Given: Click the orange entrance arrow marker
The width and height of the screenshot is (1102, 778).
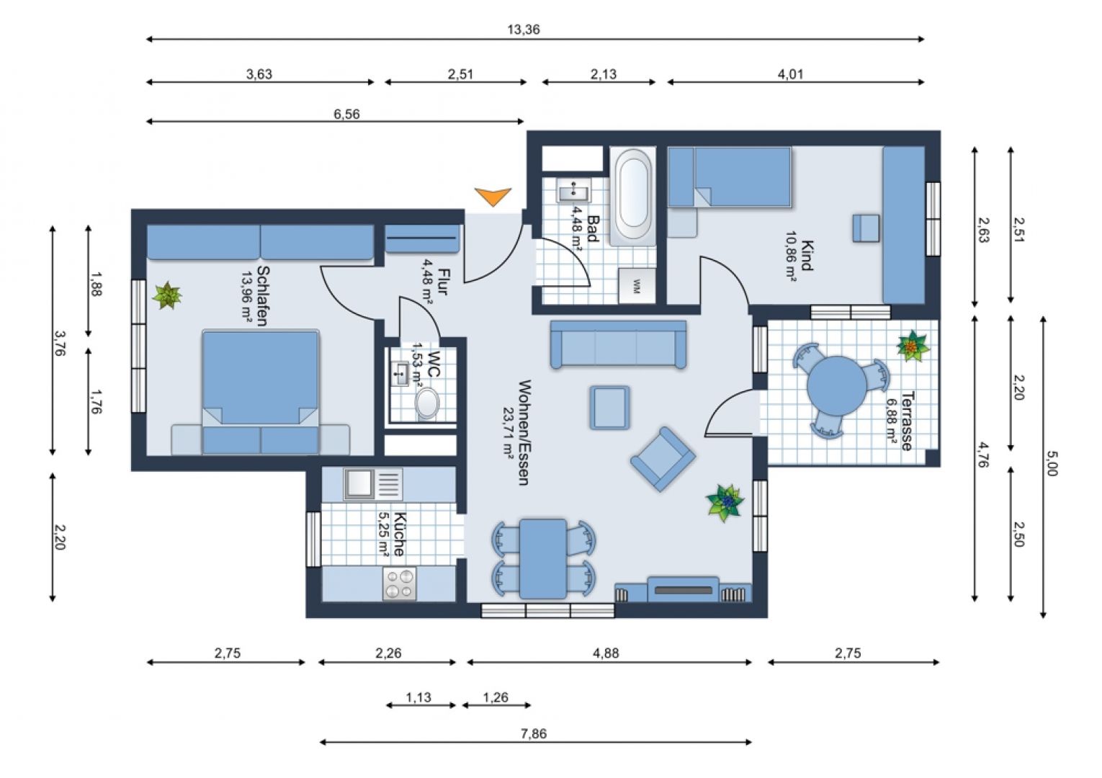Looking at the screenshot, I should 493,196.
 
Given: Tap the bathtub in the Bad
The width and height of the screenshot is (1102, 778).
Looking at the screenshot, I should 633,197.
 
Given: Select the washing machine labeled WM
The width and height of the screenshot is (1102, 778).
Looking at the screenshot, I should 637,285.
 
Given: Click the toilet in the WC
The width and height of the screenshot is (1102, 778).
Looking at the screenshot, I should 427,404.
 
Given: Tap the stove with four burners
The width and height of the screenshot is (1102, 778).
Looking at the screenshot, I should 400,583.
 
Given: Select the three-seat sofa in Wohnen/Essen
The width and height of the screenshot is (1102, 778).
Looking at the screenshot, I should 618,346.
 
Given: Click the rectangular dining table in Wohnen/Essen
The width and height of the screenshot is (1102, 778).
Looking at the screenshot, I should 543,558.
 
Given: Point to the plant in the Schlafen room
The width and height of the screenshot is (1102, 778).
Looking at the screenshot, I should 167,295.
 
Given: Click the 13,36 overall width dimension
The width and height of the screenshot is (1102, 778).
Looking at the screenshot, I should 523,30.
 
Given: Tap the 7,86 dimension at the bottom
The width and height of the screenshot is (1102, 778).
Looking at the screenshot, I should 533,734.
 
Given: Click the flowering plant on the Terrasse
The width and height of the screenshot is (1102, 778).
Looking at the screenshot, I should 913,346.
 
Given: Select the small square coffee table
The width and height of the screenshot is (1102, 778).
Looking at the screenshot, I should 609,408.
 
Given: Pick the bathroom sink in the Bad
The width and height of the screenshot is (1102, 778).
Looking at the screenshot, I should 574,192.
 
